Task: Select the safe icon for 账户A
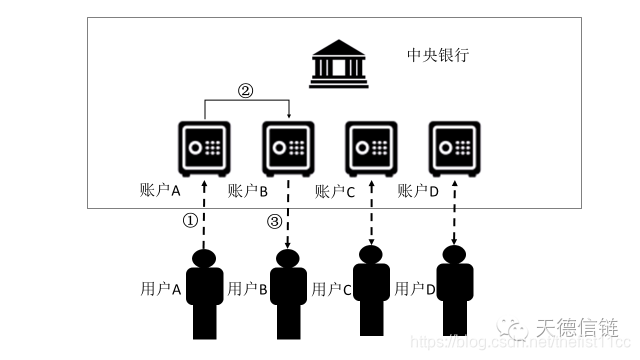click(x=204, y=147)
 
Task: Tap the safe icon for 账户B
click(x=288, y=147)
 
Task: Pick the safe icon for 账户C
click(x=371, y=147)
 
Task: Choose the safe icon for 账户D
click(x=455, y=147)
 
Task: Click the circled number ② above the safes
click(x=246, y=90)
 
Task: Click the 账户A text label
click(x=160, y=189)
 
